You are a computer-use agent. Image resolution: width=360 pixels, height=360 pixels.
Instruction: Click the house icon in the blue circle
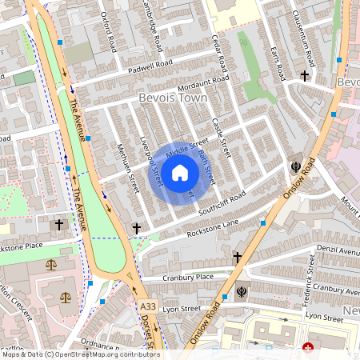[180, 172]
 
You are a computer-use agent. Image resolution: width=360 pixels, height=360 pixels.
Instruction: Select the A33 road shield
[147, 306]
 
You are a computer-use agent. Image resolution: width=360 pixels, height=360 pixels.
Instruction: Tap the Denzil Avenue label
[339, 250]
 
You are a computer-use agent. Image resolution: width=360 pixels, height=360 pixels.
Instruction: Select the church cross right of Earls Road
[304, 76]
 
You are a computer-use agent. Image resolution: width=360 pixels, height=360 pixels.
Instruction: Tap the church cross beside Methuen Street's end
[137, 229]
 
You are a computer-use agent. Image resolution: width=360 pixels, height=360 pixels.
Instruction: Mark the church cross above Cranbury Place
[237, 257]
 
